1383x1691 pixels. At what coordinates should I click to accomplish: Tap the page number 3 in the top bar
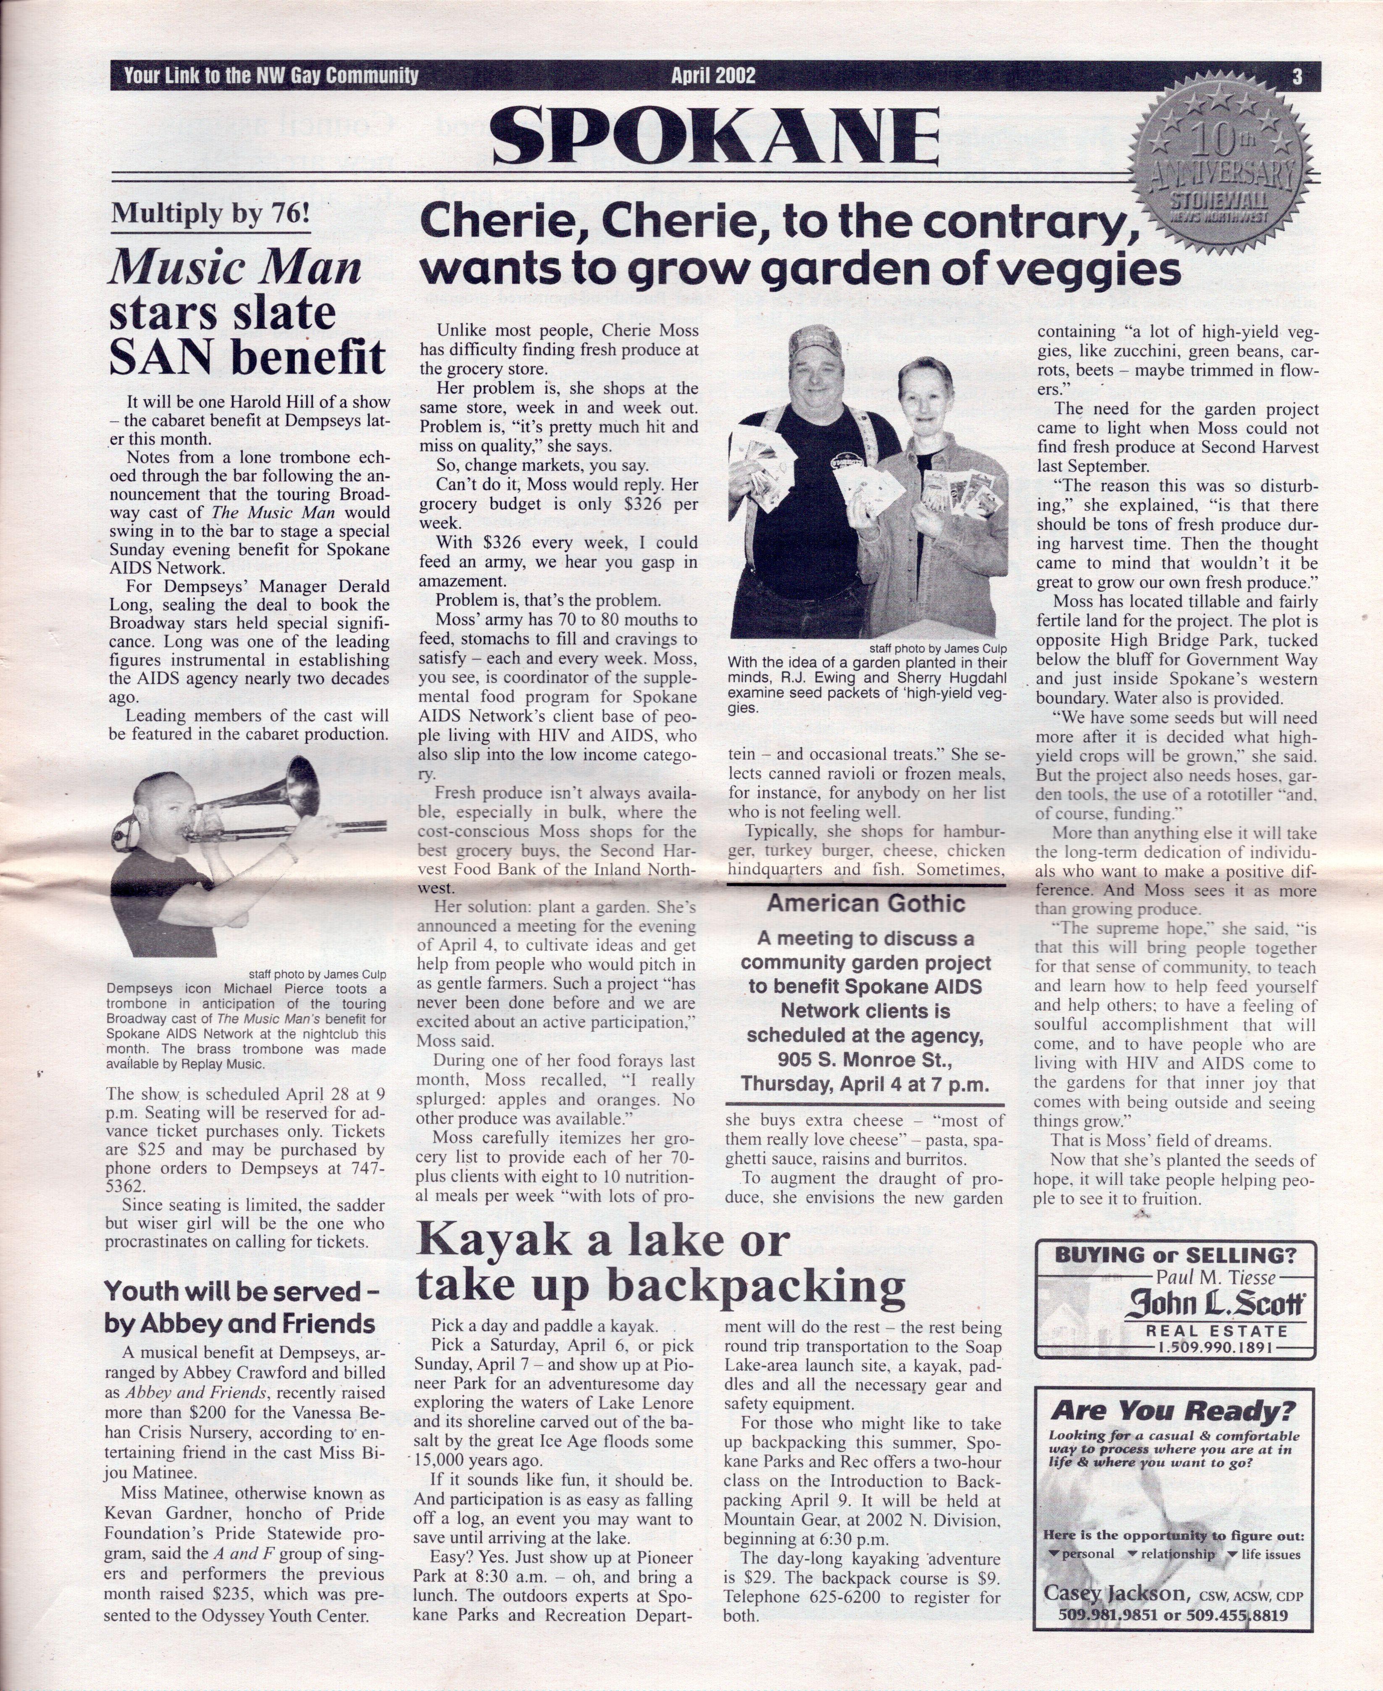pyautogui.click(x=1297, y=76)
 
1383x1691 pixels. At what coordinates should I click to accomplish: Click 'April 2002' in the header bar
pyautogui.click(x=713, y=76)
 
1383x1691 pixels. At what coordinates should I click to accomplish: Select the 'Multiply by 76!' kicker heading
pyautogui.click(x=210, y=213)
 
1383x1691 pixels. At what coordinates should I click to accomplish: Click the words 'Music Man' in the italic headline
pyautogui.click(x=235, y=268)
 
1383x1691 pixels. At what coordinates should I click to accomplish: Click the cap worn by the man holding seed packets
pyautogui.click(x=814, y=344)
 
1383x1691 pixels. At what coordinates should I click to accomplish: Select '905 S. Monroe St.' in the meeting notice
pyautogui.click(x=865, y=1060)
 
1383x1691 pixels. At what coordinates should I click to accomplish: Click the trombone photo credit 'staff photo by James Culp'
pyautogui.click(x=317, y=973)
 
